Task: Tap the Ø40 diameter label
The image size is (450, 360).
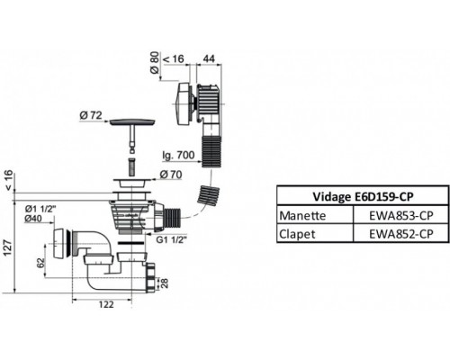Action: (32, 218)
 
